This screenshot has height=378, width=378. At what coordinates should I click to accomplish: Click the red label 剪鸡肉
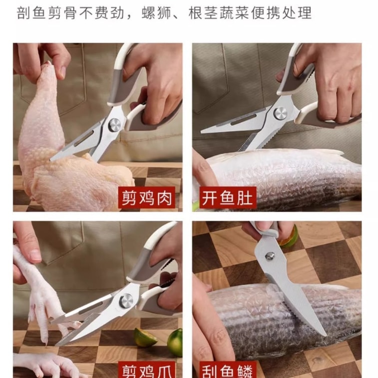click(147, 198)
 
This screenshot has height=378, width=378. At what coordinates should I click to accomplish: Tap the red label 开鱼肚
click(228, 198)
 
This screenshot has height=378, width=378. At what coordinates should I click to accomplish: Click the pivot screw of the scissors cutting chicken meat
click(114, 125)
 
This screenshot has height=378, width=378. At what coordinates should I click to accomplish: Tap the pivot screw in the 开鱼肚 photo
click(280, 113)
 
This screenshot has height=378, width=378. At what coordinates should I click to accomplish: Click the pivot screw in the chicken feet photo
click(126, 301)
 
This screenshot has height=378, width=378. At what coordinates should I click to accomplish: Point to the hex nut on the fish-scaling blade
click(270, 256)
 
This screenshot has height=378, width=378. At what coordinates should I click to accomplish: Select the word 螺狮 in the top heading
click(157, 13)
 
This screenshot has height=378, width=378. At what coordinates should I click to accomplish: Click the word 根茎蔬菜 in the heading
click(218, 13)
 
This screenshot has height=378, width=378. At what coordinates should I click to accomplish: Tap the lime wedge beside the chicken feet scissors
click(144, 338)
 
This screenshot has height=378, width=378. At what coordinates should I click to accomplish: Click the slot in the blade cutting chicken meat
click(83, 139)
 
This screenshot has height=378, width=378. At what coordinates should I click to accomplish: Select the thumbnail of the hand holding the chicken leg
click(62, 72)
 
